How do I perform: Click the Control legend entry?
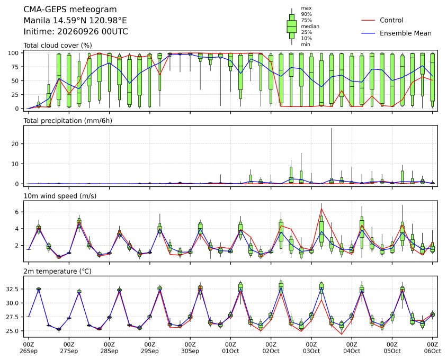tap(382, 20)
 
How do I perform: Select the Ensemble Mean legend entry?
tap(396, 33)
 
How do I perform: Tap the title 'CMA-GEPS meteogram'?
tap(70, 10)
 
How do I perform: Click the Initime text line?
tap(76, 31)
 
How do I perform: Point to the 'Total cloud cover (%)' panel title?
tap(58, 46)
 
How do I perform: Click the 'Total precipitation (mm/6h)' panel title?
tap(68, 121)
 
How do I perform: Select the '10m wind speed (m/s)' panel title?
tap(60, 196)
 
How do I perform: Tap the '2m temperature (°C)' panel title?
tap(57, 271)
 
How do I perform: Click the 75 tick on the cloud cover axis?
tap(15, 67)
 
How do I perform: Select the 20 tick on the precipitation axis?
tap(15, 144)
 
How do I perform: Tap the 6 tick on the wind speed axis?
tap(17, 212)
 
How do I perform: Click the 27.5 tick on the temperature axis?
tap(13, 317)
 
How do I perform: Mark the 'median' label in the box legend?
tap(310, 26)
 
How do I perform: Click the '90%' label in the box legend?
tap(307, 14)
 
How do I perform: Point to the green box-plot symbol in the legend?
tap(292, 26)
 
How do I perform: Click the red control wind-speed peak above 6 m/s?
tap(321, 209)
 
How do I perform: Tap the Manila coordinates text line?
tap(75, 21)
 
